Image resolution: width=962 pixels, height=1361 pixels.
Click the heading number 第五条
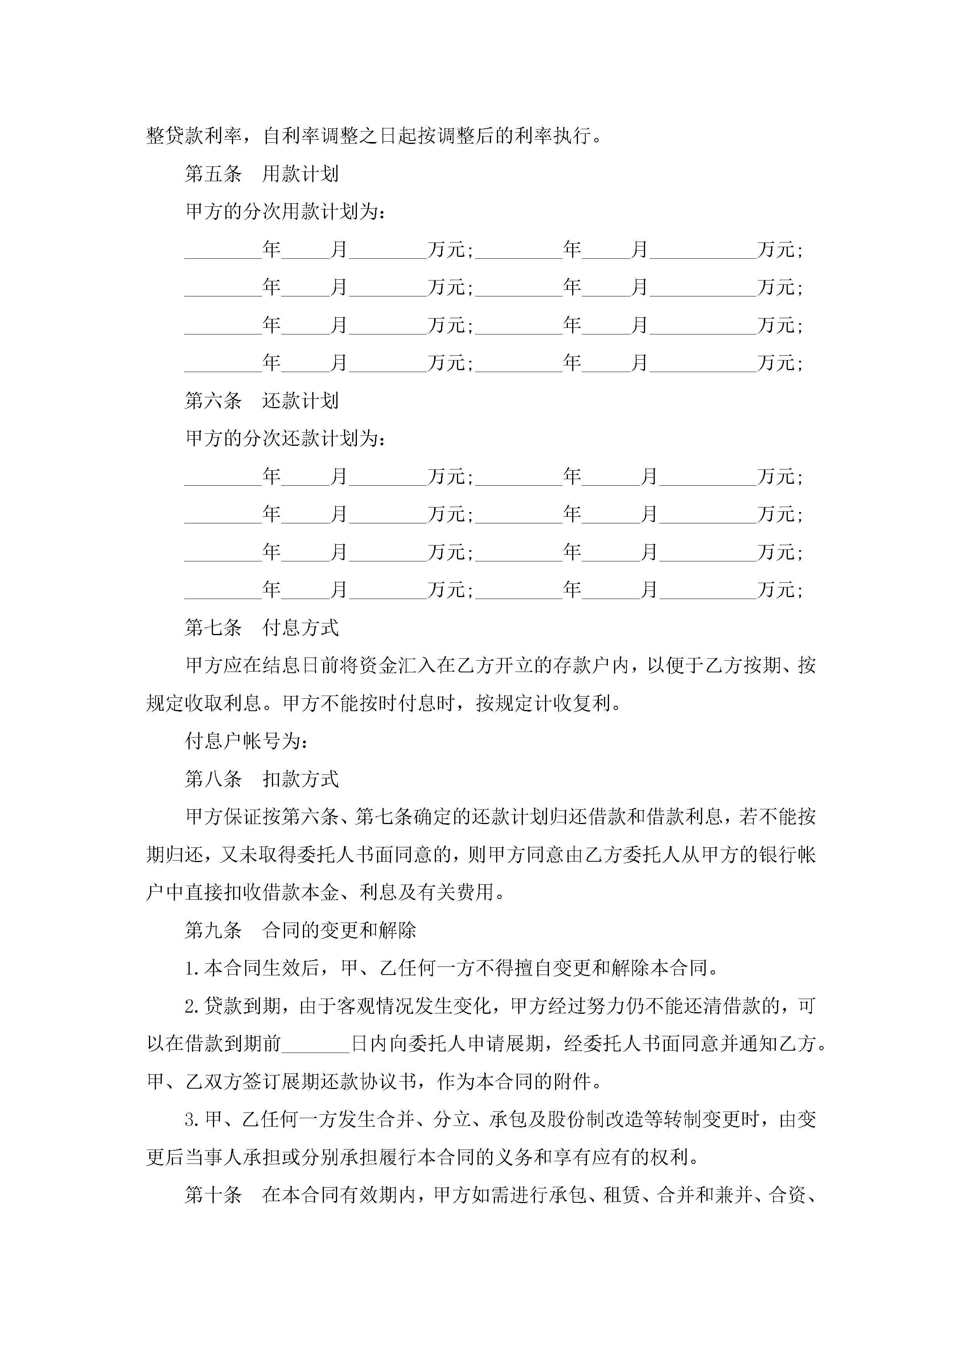click(213, 174)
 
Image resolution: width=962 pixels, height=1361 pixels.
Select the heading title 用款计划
click(301, 174)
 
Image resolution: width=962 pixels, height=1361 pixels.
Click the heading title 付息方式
click(301, 628)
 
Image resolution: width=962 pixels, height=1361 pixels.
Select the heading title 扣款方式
click(301, 779)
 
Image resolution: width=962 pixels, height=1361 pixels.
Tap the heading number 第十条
click(213, 1196)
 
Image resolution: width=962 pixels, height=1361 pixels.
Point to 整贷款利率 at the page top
click(194, 136)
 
